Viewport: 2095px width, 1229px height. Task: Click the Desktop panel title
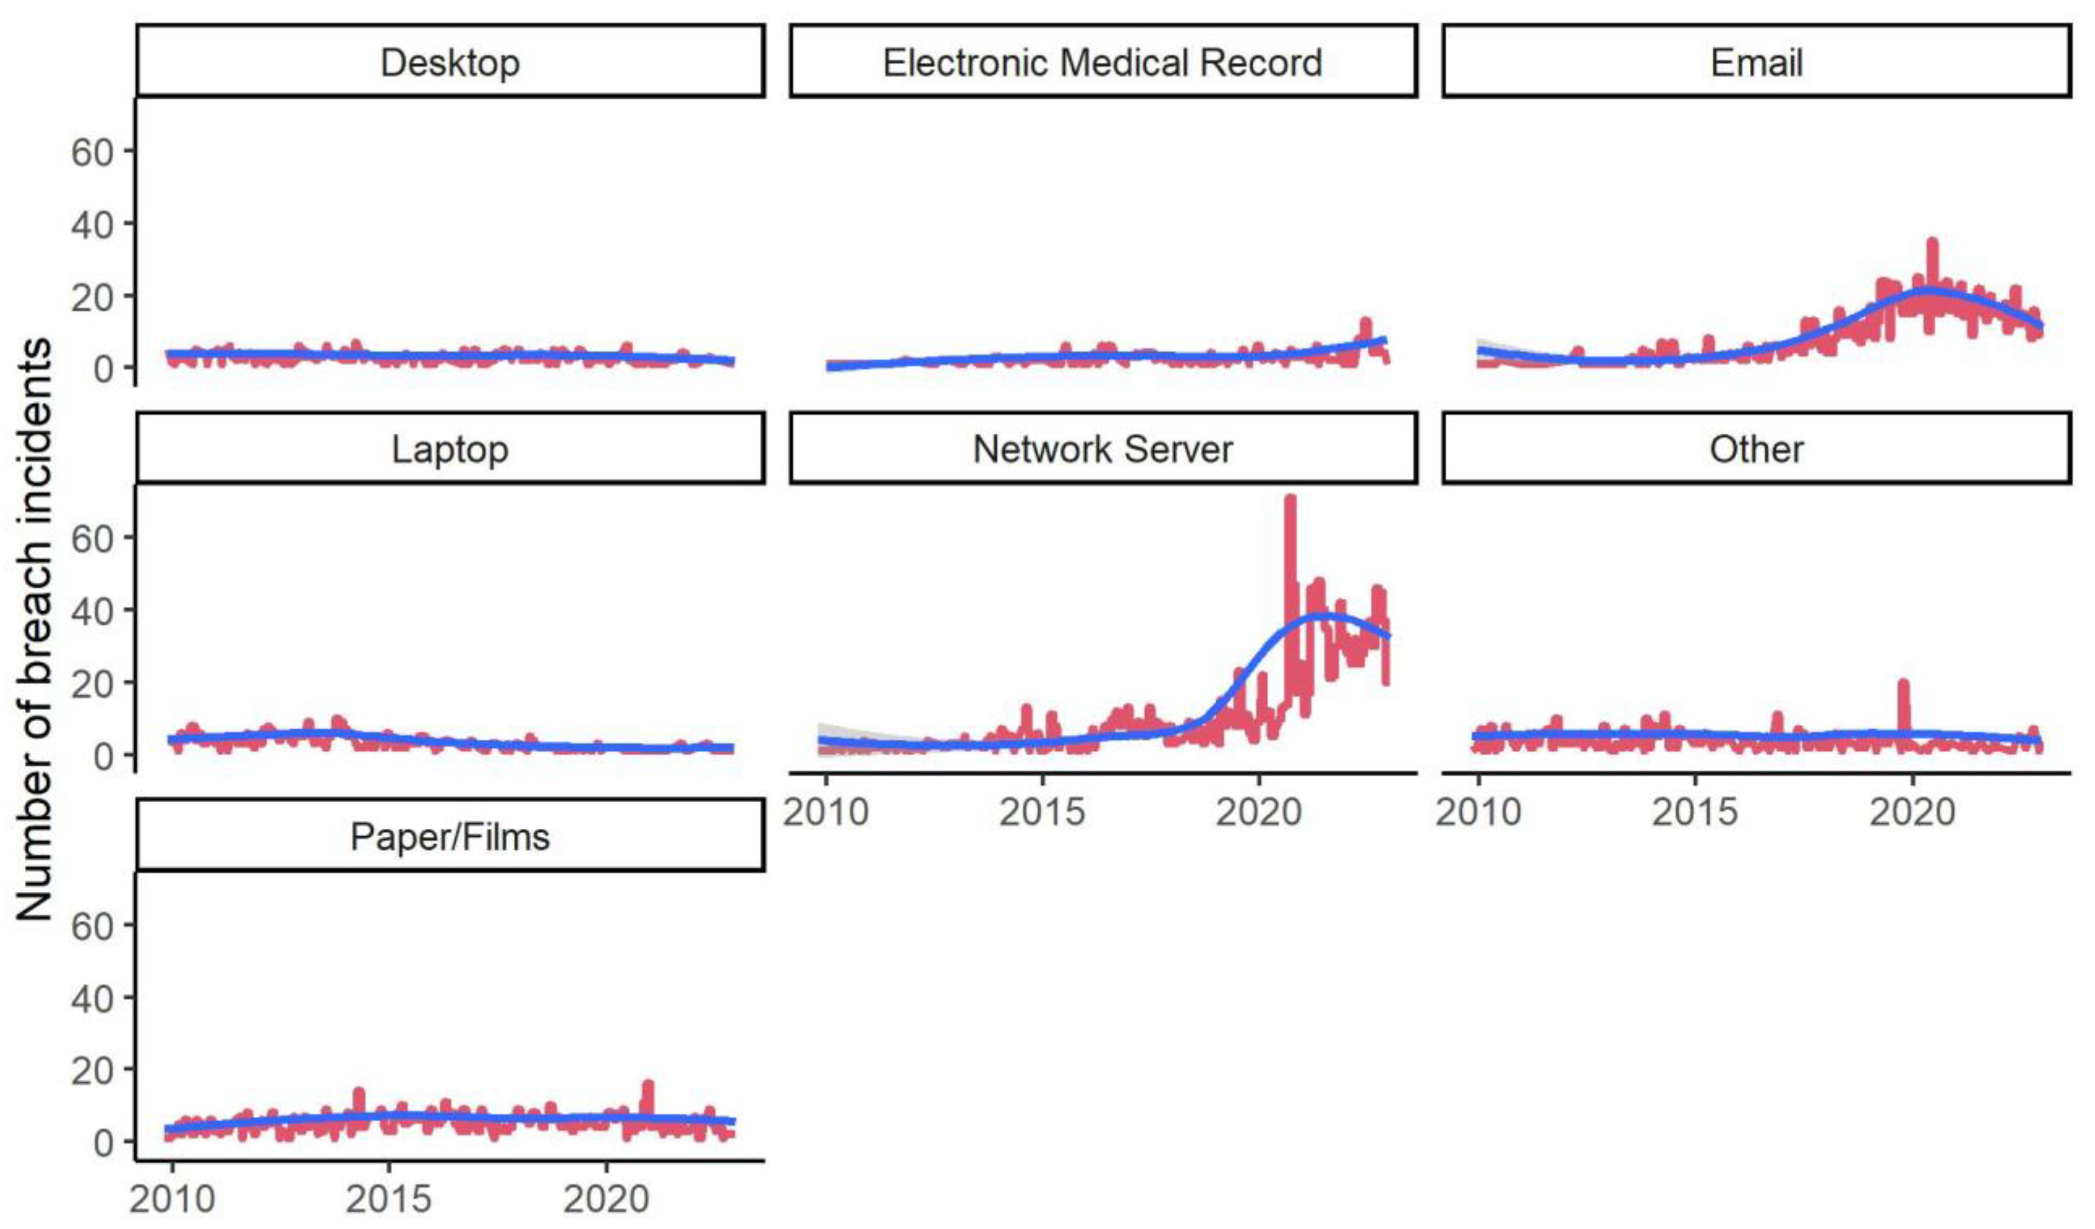pyautogui.click(x=450, y=63)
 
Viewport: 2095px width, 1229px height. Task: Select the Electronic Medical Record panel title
pyautogui.click(x=1103, y=63)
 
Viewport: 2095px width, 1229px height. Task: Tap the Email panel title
pyautogui.click(x=1756, y=63)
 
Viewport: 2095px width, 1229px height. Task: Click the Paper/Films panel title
pyautogui.click(x=450, y=837)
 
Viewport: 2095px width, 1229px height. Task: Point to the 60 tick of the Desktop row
pyautogui.click(x=92, y=152)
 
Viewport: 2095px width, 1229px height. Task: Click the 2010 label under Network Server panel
pyautogui.click(x=825, y=811)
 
